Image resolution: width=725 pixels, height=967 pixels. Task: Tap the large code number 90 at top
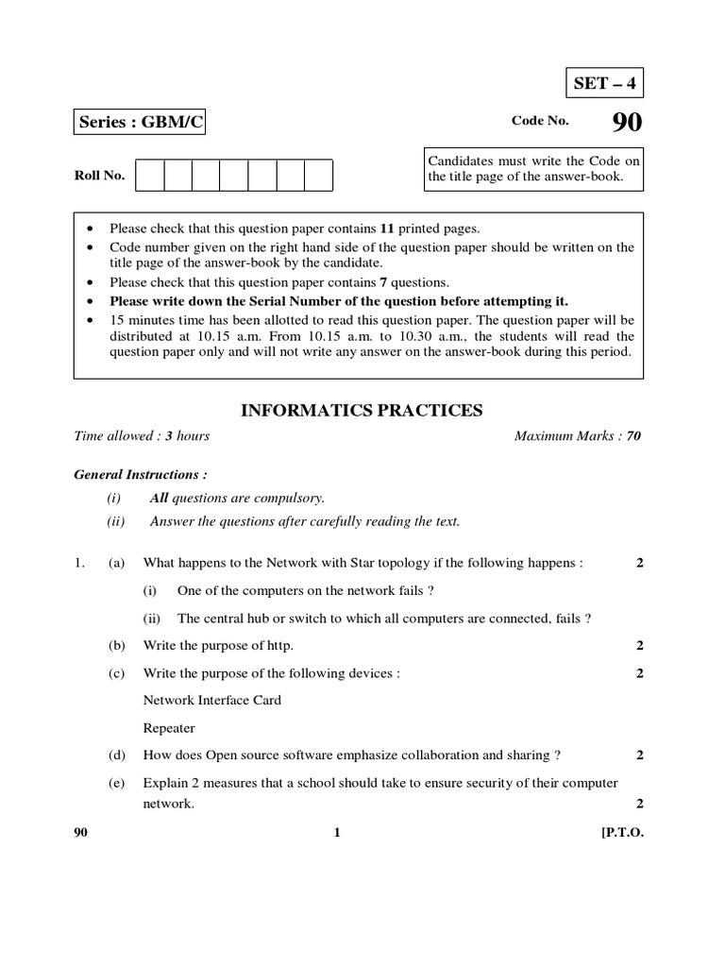click(x=624, y=123)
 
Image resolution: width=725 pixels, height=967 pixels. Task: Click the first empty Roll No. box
click(x=150, y=176)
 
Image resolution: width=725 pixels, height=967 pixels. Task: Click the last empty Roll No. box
click(x=319, y=176)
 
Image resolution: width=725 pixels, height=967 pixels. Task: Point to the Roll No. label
click(x=99, y=176)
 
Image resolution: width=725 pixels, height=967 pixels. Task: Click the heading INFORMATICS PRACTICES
click(x=362, y=410)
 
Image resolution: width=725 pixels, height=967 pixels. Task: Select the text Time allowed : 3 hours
click(x=142, y=435)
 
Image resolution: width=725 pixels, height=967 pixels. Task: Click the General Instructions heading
click(x=141, y=474)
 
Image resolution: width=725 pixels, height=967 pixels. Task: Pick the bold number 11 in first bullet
click(x=386, y=229)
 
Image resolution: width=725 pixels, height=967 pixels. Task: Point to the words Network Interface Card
click(x=211, y=700)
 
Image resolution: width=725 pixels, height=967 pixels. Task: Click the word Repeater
click(x=169, y=728)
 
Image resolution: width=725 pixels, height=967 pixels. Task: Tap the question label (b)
click(x=117, y=645)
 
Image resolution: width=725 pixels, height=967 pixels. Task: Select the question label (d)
click(x=117, y=755)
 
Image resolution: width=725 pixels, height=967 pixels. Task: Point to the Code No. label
click(x=540, y=122)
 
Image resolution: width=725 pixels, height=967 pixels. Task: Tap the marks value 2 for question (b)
click(x=639, y=645)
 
